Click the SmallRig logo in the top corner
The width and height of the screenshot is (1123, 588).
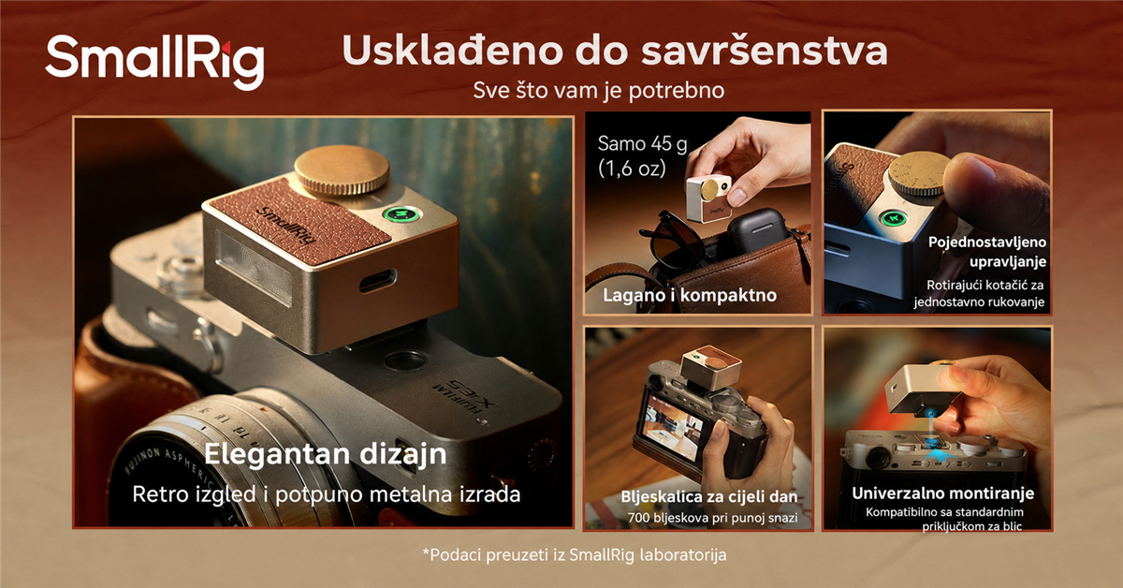154,61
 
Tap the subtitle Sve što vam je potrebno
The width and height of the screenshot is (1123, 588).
599,91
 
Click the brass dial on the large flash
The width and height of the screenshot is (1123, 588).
342,169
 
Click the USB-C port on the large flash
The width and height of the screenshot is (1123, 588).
377,281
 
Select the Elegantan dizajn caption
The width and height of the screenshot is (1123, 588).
326,454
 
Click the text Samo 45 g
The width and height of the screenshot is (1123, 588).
642,144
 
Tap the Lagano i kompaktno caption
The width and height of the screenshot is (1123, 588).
690,295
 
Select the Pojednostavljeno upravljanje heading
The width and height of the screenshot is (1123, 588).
986,252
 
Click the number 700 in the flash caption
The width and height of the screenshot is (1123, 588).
639,518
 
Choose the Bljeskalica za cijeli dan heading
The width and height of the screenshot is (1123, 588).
709,496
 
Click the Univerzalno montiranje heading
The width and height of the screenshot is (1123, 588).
942,493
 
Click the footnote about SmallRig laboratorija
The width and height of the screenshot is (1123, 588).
575,555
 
